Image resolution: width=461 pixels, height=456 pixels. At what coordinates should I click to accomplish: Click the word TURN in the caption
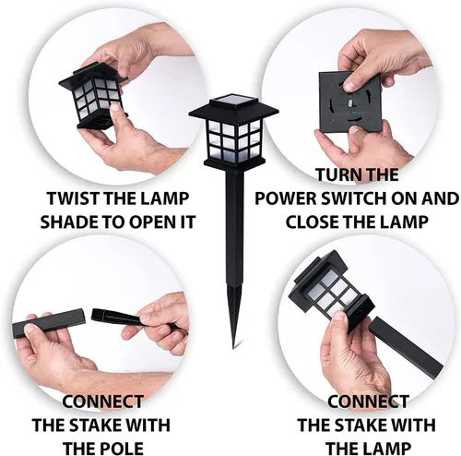[x=335, y=174]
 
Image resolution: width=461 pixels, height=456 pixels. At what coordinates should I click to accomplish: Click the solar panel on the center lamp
[x=234, y=102]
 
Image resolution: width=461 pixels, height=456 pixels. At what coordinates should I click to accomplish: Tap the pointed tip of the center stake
[x=233, y=348]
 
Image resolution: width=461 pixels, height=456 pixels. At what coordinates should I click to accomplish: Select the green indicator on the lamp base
[x=353, y=113]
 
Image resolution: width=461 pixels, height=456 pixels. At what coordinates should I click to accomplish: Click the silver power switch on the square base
[x=350, y=103]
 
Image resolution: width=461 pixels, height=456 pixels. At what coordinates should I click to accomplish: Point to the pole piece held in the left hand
[x=49, y=323]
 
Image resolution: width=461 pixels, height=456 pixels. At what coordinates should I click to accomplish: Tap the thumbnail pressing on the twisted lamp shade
[x=116, y=107]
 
